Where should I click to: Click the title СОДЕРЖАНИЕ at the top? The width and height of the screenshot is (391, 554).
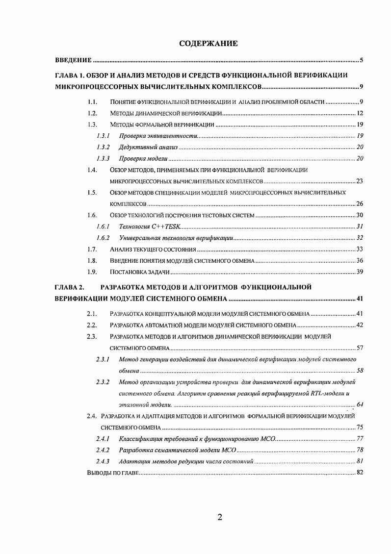click(209, 44)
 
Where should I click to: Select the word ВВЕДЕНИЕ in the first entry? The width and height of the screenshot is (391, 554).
click(73, 61)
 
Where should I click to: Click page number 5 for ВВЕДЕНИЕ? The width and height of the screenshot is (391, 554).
click(361, 61)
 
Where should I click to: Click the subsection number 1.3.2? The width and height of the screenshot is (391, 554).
click(103, 147)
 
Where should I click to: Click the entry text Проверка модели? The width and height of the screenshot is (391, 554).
click(143, 158)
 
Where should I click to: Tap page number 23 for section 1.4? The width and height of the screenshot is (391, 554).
click(359, 181)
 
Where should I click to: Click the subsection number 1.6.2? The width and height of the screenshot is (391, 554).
click(103, 238)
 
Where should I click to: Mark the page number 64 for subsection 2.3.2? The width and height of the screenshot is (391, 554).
click(359, 404)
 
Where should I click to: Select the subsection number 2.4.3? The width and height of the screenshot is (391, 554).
click(103, 462)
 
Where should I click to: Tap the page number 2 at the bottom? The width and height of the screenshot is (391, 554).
click(220, 517)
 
